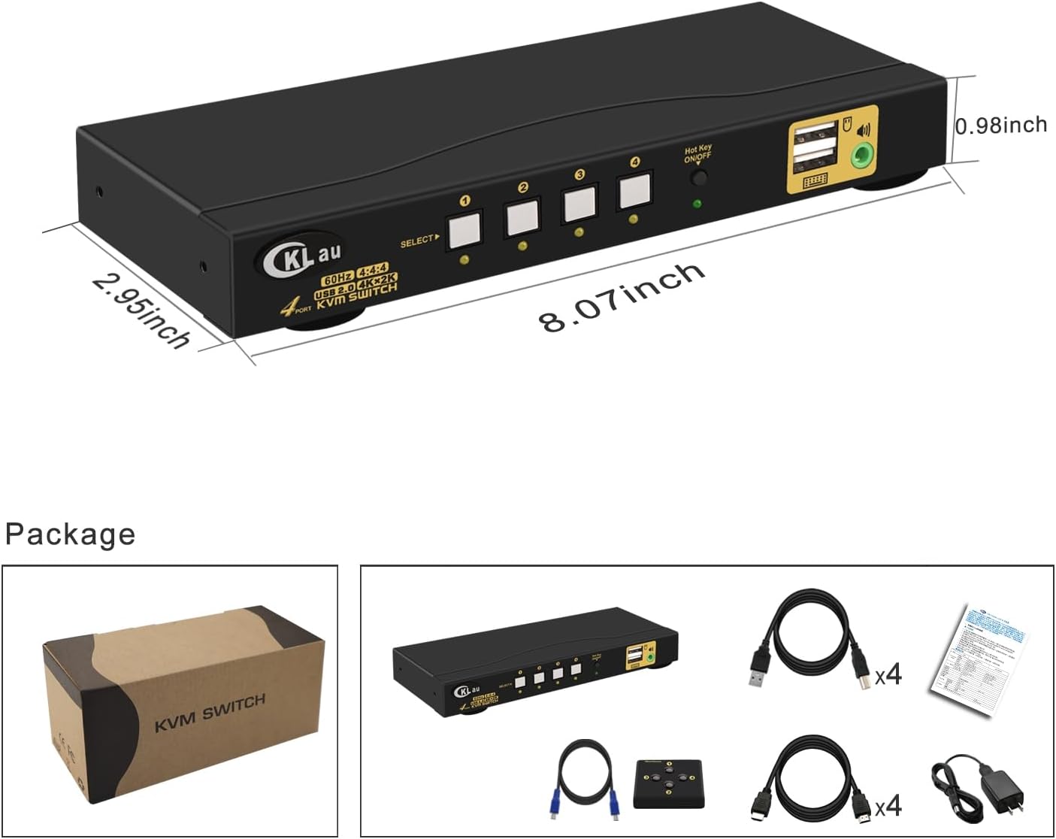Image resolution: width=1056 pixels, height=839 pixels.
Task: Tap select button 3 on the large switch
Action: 579,204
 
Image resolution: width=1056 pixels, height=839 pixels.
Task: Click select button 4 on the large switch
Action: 634,190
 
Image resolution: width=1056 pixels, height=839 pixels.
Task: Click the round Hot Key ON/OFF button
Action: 699,178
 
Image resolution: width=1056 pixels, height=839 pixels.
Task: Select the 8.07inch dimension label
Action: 622,297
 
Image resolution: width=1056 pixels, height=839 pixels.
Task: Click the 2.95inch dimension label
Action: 141,309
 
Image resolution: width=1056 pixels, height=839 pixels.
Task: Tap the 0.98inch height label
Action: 1001,125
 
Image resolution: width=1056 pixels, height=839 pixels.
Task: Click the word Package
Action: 70,534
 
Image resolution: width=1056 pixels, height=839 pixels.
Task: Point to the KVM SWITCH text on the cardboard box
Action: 210,713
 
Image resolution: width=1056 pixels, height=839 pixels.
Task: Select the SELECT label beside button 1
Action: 419,241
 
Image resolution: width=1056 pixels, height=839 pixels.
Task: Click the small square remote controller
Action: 668,783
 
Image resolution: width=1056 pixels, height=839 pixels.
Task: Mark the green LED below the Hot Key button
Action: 697,204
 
